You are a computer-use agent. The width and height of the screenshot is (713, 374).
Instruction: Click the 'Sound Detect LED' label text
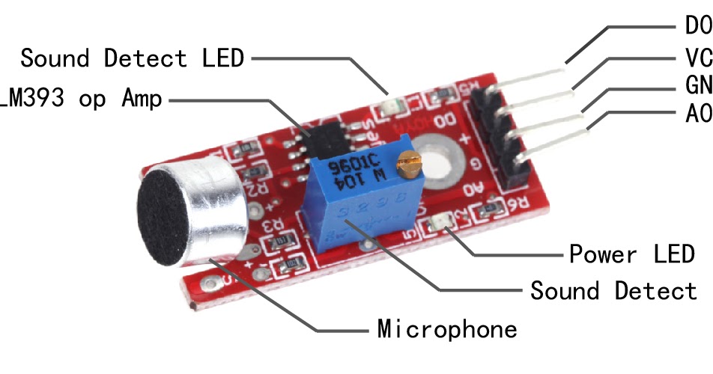(132, 58)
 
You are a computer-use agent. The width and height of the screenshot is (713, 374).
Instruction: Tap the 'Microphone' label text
(446, 328)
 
